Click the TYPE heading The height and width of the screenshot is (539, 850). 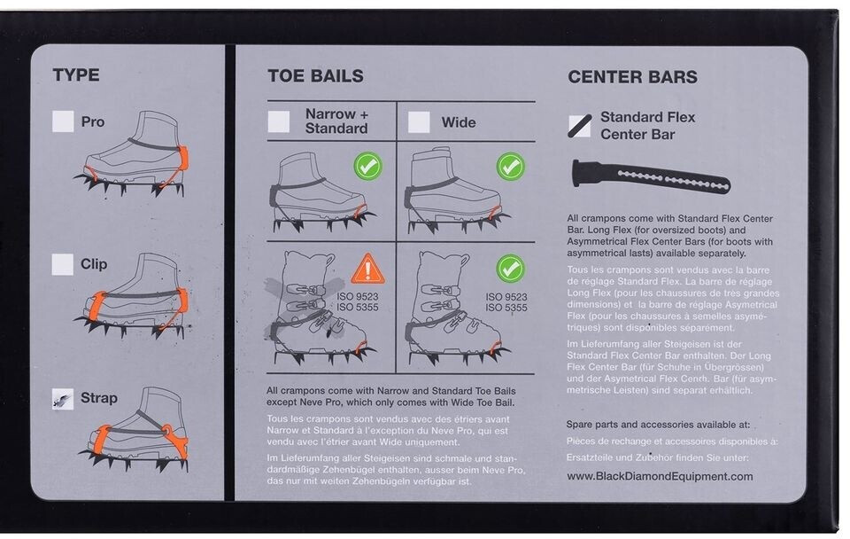(x=76, y=74)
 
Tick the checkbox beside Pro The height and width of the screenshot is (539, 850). (x=63, y=121)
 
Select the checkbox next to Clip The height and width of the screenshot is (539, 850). (x=62, y=264)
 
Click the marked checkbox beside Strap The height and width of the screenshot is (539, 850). (x=62, y=398)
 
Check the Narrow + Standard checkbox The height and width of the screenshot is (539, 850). (x=279, y=121)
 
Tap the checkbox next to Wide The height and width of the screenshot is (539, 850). (x=419, y=121)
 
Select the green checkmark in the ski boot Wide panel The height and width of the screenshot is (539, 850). (x=510, y=268)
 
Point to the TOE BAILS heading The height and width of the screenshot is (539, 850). (x=315, y=76)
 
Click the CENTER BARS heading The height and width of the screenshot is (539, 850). (x=632, y=77)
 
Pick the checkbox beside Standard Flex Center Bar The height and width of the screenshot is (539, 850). (x=580, y=126)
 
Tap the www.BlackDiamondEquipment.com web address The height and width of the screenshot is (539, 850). (x=660, y=476)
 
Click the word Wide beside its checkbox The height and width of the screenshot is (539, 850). (x=458, y=122)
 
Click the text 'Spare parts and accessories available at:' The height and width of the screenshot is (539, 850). (x=658, y=425)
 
